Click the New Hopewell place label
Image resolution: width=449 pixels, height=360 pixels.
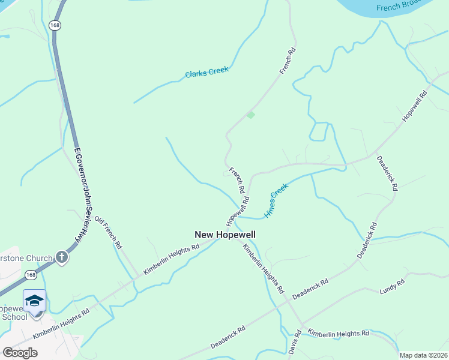[225, 235]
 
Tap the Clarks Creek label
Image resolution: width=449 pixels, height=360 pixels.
[207, 73]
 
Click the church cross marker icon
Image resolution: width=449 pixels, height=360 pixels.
[61, 257]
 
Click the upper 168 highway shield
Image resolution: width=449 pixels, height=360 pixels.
[55, 25]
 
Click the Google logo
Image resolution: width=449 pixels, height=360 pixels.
[20, 353]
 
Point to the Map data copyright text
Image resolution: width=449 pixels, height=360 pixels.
[423, 355]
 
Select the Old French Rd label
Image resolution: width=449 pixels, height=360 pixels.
[109, 232]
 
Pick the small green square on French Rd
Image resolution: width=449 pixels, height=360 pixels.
[251, 115]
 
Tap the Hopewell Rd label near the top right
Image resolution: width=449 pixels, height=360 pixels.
[414, 106]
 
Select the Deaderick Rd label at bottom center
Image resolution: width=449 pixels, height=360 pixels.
[228, 338]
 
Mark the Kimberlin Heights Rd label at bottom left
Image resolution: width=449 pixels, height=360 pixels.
[61, 323]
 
